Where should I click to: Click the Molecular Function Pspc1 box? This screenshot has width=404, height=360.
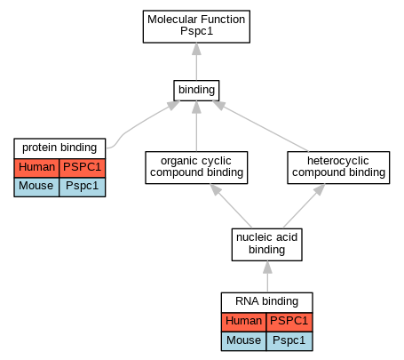196,27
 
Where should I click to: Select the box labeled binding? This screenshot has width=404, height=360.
196,91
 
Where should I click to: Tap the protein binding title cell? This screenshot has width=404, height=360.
59,148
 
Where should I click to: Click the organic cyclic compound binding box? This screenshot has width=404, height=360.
196,167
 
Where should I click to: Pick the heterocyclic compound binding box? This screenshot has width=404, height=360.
338,167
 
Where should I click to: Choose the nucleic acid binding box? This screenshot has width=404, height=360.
267,244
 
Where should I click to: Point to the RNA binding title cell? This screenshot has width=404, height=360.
267,302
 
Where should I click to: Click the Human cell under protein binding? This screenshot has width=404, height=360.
36,168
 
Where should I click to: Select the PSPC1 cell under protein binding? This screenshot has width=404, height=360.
83,168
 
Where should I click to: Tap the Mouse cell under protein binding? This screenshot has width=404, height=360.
36,187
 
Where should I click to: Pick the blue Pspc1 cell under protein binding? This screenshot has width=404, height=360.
83,187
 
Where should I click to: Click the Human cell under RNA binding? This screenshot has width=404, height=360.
244,322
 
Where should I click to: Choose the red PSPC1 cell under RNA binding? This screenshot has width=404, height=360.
289,322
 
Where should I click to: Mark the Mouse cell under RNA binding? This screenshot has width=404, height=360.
244,341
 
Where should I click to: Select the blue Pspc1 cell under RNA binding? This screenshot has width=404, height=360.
289,341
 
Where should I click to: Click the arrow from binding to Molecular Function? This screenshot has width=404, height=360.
196,61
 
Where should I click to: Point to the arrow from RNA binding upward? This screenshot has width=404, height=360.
267,276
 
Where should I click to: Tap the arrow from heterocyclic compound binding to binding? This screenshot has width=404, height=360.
260,126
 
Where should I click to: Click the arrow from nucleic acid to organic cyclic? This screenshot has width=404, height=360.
231,206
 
